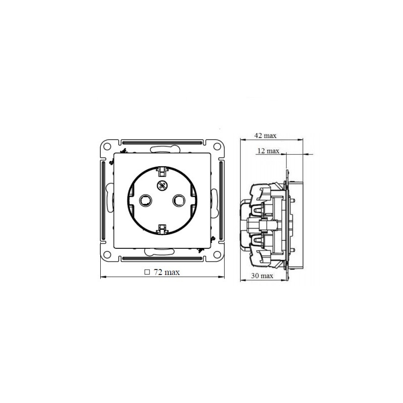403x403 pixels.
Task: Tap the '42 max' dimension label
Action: coord(265,136)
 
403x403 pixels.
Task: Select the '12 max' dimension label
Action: coord(268,151)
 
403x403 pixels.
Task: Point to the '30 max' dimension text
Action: coord(262,276)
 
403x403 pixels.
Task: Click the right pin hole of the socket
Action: coord(178,200)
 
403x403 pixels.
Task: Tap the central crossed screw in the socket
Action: coord(162,185)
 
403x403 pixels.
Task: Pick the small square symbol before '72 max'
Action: coord(147,272)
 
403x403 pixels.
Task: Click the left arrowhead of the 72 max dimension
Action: coord(103,277)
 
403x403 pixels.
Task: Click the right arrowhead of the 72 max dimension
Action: coord(221,277)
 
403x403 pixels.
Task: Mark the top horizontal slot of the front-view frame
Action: coord(162,142)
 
